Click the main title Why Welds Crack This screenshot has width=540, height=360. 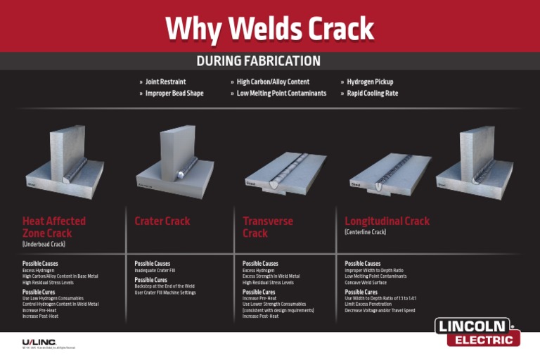[269, 29]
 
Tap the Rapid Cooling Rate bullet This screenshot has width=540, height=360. [372, 94]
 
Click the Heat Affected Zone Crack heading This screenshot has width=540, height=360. [53, 226]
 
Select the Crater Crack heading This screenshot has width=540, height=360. [162, 221]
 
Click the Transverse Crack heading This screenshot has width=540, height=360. [268, 226]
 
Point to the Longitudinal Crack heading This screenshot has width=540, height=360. [387, 221]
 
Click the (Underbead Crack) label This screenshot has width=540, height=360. [44, 244]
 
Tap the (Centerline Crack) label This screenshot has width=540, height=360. [365, 232]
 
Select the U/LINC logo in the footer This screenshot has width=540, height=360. [39, 342]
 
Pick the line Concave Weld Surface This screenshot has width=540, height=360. [367, 283]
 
